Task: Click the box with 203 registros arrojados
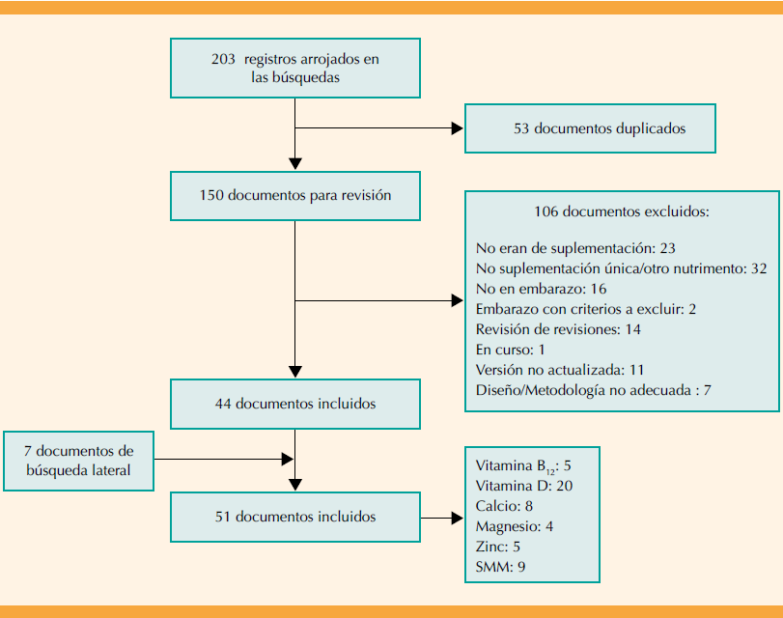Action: click(x=294, y=69)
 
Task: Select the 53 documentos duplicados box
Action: click(x=590, y=127)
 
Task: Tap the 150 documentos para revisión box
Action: click(x=294, y=195)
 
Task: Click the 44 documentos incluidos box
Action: click(x=294, y=404)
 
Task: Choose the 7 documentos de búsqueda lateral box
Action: click(x=78, y=461)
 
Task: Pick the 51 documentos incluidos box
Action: click(x=294, y=517)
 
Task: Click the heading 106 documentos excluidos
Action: click(x=622, y=211)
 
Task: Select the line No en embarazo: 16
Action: click(x=541, y=289)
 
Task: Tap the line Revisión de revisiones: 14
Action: click(x=558, y=329)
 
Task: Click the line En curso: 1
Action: click(x=511, y=350)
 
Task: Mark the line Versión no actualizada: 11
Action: click(x=560, y=370)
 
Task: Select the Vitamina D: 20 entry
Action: click(x=524, y=486)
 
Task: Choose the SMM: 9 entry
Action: click(x=500, y=567)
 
